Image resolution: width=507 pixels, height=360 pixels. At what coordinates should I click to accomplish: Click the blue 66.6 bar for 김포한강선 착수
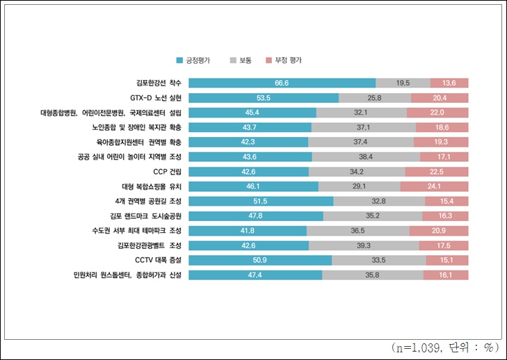(x=282, y=83)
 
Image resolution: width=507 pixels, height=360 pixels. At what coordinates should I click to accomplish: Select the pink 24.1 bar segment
(x=434, y=186)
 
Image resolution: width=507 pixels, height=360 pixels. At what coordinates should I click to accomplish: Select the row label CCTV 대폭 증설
(x=156, y=260)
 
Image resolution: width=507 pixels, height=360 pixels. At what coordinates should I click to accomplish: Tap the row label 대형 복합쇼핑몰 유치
(x=151, y=186)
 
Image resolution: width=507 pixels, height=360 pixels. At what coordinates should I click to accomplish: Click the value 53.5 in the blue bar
(x=263, y=97)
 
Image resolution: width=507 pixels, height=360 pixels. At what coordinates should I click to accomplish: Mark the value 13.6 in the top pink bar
(x=449, y=83)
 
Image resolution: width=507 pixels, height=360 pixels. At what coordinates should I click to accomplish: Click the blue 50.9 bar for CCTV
(x=260, y=260)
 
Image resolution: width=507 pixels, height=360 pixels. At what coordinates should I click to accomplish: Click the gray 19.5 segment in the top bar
(x=403, y=83)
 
